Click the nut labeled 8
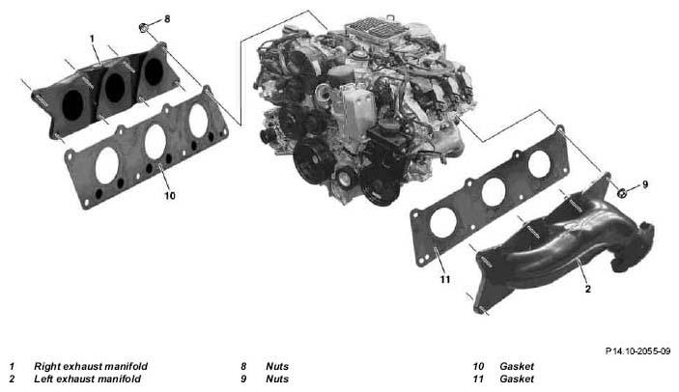[144, 27]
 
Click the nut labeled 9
[622, 192]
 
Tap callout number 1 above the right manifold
[92, 39]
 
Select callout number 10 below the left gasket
[170, 196]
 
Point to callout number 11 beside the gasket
[445, 279]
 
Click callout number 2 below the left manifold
[587, 289]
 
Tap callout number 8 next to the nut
[167, 18]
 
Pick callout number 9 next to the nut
[645, 184]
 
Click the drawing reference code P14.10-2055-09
[637, 350]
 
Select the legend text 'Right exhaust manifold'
[91, 366]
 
